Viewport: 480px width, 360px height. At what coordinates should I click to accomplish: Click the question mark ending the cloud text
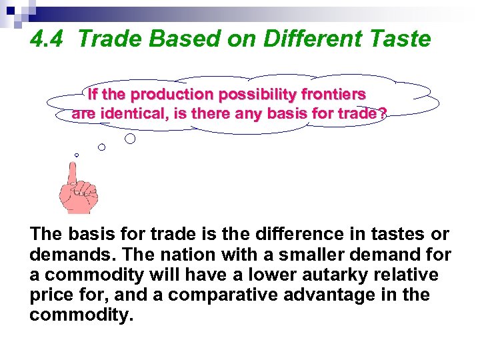[x=381, y=113]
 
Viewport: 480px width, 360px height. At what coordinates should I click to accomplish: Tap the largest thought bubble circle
[x=131, y=139]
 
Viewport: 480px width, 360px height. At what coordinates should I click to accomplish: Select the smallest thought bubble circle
[x=77, y=155]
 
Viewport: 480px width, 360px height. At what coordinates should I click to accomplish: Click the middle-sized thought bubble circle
[x=101, y=147]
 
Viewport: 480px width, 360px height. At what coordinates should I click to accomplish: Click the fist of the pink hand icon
[x=81, y=197]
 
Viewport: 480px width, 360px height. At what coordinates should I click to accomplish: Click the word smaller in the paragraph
[x=303, y=255]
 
